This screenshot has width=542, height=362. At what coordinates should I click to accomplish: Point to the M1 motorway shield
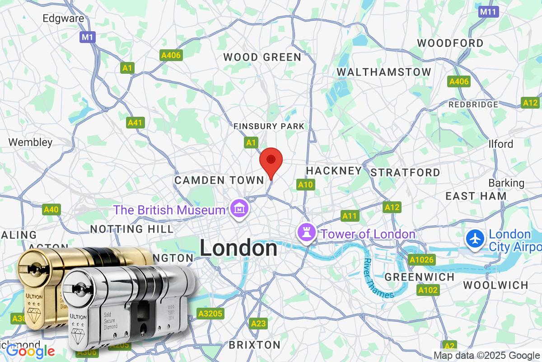click(x=87, y=37)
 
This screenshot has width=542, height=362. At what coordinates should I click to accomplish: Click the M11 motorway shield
click(x=489, y=12)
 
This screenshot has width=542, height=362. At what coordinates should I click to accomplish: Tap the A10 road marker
click(x=305, y=184)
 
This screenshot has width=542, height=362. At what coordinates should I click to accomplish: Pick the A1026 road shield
click(x=421, y=260)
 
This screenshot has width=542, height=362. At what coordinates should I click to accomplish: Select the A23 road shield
click(x=258, y=323)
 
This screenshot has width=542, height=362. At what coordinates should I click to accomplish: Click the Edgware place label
click(x=63, y=19)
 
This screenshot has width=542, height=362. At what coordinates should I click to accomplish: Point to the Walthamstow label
click(x=384, y=72)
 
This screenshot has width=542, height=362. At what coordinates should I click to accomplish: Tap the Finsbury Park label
click(x=269, y=126)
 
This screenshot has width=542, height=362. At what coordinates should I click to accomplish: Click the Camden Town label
click(x=219, y=180)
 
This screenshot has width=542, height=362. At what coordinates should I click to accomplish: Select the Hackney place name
click(x=334, y=171)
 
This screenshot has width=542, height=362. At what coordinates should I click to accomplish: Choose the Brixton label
click(x=254, y=344)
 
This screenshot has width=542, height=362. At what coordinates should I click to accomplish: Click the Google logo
click(x=31, y=351)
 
